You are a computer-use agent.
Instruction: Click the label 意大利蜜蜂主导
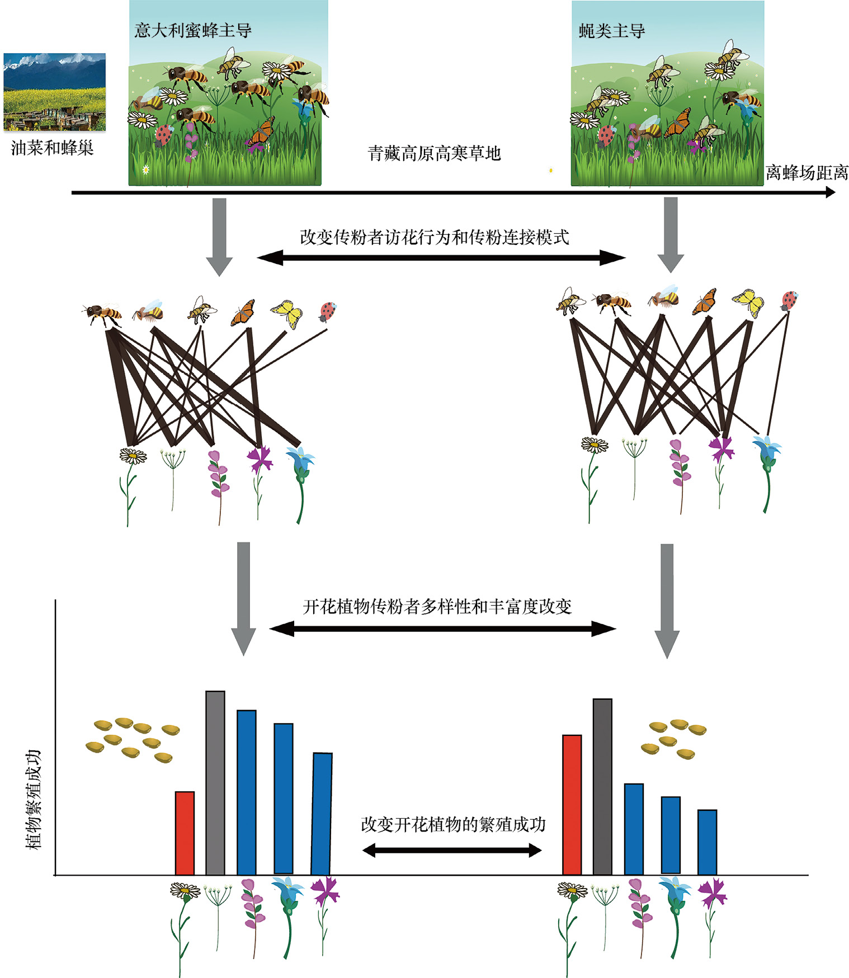(x=193, y=30)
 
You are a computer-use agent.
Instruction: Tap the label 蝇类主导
(x=611, y=31)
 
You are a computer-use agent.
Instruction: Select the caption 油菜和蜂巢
(x=52, y=148)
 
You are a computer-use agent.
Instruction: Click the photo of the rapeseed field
(x=54, y=92)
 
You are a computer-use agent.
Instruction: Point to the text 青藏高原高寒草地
(x=434, y=153)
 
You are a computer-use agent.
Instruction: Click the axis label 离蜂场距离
(x=806, y=173)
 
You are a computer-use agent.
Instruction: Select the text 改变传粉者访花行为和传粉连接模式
(x=434, y=237)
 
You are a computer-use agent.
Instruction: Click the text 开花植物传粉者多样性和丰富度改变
(x=437, y=606)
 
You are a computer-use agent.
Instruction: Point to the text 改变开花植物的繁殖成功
(x=452, y=824)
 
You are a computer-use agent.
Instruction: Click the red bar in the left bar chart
(x=185, y=833)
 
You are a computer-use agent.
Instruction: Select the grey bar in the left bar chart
(x=215, y=783)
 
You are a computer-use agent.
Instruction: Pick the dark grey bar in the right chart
(x=602, y=786)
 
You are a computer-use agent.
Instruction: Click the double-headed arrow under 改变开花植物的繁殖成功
(x=452, y=851)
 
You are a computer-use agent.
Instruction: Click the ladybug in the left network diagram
(x=328, y=311)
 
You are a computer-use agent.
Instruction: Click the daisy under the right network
(x=594, y=446)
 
